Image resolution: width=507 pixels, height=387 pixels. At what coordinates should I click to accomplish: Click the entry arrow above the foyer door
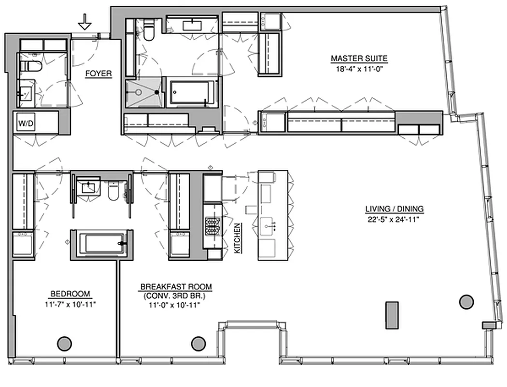pos(85,22)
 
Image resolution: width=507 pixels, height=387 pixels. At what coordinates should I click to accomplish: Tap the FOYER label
pos(99,74)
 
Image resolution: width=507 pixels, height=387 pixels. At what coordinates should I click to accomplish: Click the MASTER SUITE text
pos(359,59)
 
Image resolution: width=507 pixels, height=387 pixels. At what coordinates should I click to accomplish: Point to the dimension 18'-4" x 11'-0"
pos(359,68)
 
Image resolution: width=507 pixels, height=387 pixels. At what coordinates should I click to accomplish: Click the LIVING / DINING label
pos(394,209)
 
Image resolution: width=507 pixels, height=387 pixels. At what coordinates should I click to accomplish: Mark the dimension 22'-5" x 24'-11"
pos(394,218)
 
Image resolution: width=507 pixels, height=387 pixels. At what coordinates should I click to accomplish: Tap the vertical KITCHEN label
pos(237,238)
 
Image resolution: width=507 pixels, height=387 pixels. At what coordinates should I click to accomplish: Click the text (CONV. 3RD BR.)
pos(176,296)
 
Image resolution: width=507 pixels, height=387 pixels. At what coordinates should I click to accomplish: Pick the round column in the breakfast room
pos(198,343)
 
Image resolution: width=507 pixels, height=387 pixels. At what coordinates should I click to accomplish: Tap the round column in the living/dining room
pos(465,302)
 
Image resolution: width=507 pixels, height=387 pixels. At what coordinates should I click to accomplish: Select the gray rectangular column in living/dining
pos(392,315)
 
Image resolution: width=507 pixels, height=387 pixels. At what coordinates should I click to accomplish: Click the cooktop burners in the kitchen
pos(212,225)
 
